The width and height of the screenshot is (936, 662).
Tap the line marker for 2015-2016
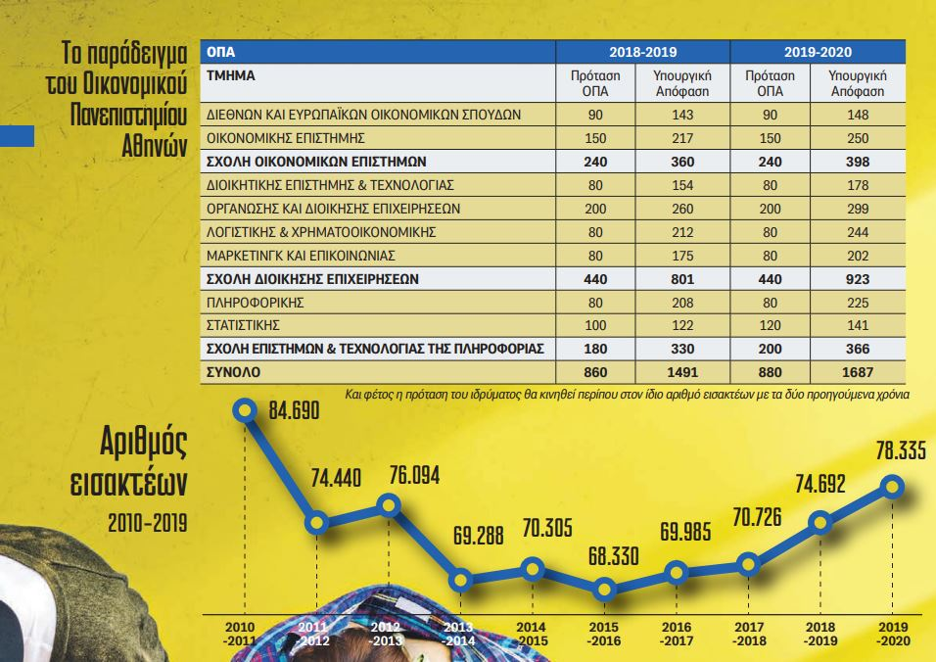coord(604,589)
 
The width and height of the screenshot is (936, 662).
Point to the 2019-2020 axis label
coord(890,633)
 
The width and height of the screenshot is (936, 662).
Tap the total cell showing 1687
coord(857,372)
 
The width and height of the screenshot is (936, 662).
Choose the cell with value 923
coord(857,278)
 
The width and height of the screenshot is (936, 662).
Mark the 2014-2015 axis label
coord(530,633)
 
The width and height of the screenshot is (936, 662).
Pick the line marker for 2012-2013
coord(389,505)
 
